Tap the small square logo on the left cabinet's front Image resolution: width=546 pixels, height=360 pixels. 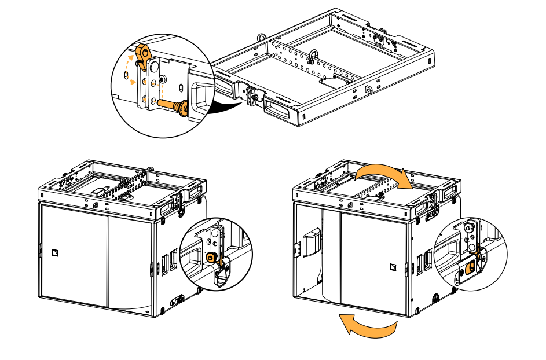56,251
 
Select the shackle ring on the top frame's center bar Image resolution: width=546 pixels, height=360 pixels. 313,57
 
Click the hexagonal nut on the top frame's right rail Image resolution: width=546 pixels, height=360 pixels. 369,89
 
